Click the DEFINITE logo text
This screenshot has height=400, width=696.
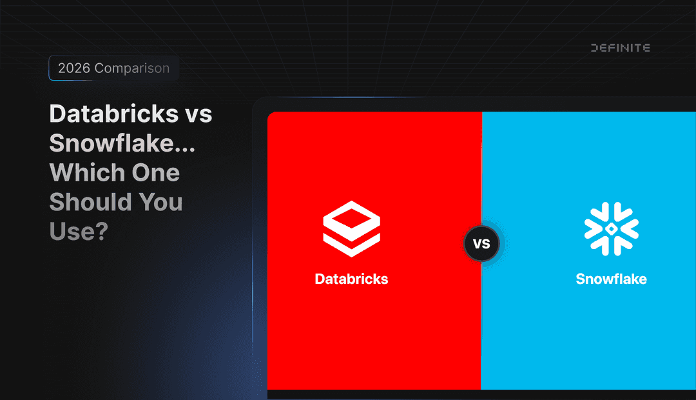[x=620, y=48]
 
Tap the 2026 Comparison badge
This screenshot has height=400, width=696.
[x=113, y=68]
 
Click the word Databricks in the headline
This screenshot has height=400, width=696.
[x=113, y=114]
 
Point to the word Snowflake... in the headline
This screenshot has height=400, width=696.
[x=122, y=143]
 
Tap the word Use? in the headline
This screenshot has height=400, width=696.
[x=78, y=231]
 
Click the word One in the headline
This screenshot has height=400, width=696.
[x=155, y=173]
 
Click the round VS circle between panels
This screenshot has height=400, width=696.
[x=481, y=245]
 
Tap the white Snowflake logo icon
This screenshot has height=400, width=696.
[x=611, y=228]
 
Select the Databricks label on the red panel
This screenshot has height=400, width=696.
[x=351, y=279]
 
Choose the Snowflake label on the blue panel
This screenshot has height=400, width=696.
[x=611, y=279]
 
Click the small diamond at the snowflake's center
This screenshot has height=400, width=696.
[x=611, y=229]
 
